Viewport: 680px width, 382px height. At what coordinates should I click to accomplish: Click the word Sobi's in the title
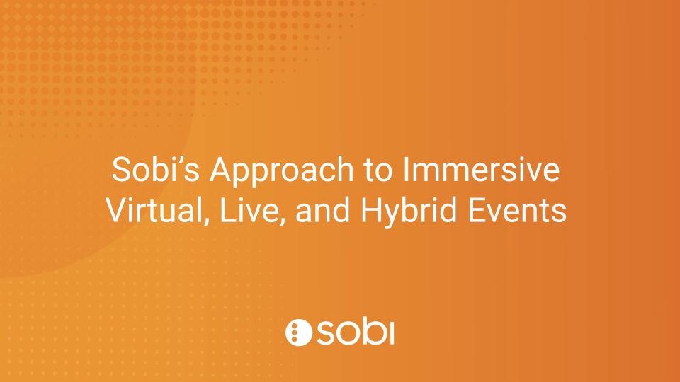point(156,169)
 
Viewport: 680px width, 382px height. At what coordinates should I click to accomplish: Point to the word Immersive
point(482,169)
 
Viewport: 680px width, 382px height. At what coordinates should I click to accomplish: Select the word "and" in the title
point(323,209)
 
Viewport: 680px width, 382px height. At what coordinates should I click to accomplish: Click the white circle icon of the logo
point(299,332)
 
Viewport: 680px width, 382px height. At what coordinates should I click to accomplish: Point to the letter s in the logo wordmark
point(326,333)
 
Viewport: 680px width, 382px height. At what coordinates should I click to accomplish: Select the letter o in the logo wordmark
point(348,333)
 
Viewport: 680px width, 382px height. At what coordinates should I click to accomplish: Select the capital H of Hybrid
point(371,210)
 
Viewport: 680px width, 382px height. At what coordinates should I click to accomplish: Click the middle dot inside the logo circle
point(295,332)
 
